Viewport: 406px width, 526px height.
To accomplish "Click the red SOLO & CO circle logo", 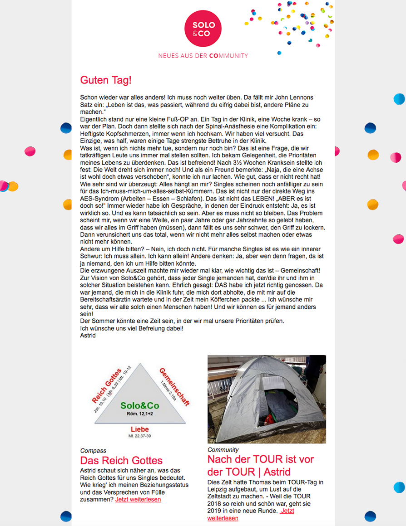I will [x=203, y=28].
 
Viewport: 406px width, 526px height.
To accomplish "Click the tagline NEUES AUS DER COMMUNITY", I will [x=203, y=56].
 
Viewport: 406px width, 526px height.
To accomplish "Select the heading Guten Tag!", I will [x=106, y=80].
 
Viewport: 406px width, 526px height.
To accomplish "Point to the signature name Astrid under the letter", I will [x=88, y=336].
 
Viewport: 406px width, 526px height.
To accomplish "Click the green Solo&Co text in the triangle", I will [x=139, y=405].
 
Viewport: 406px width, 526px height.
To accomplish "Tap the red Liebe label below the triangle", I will [x=139, y=429].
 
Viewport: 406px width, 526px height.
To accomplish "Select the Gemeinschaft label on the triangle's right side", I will [x=174, y=386].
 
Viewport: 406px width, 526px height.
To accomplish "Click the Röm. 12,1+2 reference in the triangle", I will [x=139, y=414].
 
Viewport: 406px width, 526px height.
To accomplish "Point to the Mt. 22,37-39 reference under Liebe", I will [x=139, y=436].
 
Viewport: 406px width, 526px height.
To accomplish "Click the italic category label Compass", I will [x=93, y=451].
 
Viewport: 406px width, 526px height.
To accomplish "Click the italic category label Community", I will [x=223, y=450].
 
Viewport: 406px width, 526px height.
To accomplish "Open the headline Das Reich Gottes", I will [x=121, y=461].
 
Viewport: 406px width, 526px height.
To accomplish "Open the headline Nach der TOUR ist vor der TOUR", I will [x=260, y=465].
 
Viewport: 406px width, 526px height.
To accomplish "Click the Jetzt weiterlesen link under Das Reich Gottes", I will [x=138, y=499].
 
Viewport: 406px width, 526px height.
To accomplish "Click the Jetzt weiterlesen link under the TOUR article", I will [x=250, y=514].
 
